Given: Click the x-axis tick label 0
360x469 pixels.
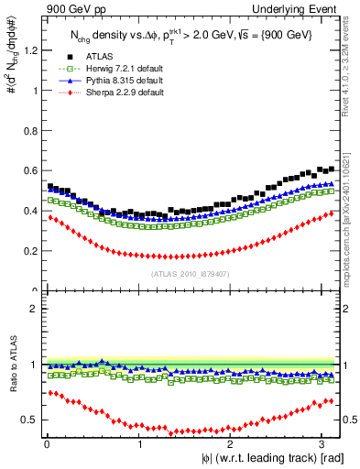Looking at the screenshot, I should point(46,442).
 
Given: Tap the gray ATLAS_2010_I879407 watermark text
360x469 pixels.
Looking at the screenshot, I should point(190,273).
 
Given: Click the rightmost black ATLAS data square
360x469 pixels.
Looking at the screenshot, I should point(332,169).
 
